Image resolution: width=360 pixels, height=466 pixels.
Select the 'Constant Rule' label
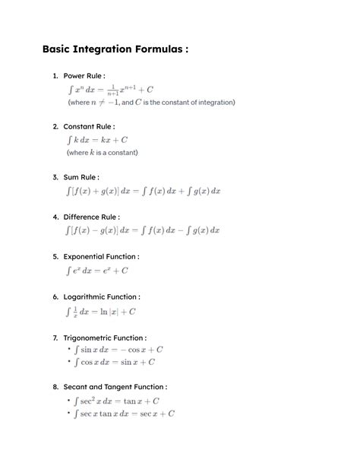coord(89,126)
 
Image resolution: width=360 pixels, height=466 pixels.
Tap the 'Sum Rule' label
coord(81,177)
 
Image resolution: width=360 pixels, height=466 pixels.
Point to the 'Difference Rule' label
coord(91,217)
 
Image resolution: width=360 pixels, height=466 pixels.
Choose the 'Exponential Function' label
coord(101,257)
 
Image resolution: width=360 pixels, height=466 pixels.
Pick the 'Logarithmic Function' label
coord(102,296)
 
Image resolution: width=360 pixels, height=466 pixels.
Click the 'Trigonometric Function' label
coord(105,338)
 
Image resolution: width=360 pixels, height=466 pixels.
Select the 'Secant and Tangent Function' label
coord(115,387)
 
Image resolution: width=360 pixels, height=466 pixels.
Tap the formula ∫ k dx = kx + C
coord(97,139)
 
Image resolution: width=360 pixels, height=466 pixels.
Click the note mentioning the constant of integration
coord(150,102)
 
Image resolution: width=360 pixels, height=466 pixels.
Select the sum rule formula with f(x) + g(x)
coord(143,191)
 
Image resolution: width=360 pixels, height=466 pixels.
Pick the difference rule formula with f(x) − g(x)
coord(143,230)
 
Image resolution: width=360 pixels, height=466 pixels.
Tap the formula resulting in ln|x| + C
coord(101,311)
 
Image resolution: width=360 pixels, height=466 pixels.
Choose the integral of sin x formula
coord(118,350)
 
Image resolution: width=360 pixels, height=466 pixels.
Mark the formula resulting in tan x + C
coord(116,401)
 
